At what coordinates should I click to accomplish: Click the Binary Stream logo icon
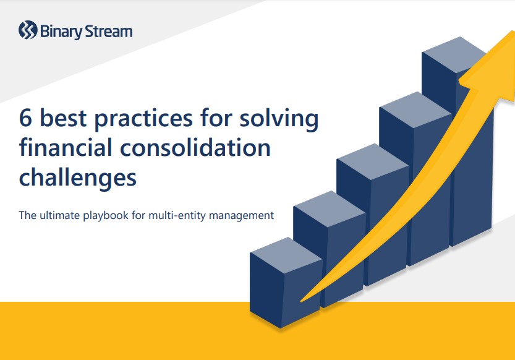(x=28, y=30)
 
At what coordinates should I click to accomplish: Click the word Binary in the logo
(x=61, y=32)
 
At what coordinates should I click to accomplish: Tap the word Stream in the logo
(x=109, y=32)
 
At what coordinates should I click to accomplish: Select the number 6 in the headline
(x=25, y=118)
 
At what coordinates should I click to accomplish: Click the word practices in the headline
(x=143, y=119)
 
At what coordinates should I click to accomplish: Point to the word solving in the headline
(x=279, y=118)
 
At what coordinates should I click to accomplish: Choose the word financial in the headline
(x=66, y=147)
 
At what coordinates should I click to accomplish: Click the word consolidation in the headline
(x=195, y=147)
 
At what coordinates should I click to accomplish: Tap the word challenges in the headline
(x=78, y=178)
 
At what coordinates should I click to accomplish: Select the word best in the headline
(x=63, y=118)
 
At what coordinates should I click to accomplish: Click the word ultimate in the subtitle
(x=60, y=215)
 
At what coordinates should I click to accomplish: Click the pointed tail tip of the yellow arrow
(x=302, y=301)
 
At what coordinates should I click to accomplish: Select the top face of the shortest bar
(x=286, y=255)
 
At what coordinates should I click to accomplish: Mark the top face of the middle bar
(x=372, y=161)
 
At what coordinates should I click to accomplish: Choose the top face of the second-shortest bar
(x=330, y=208)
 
